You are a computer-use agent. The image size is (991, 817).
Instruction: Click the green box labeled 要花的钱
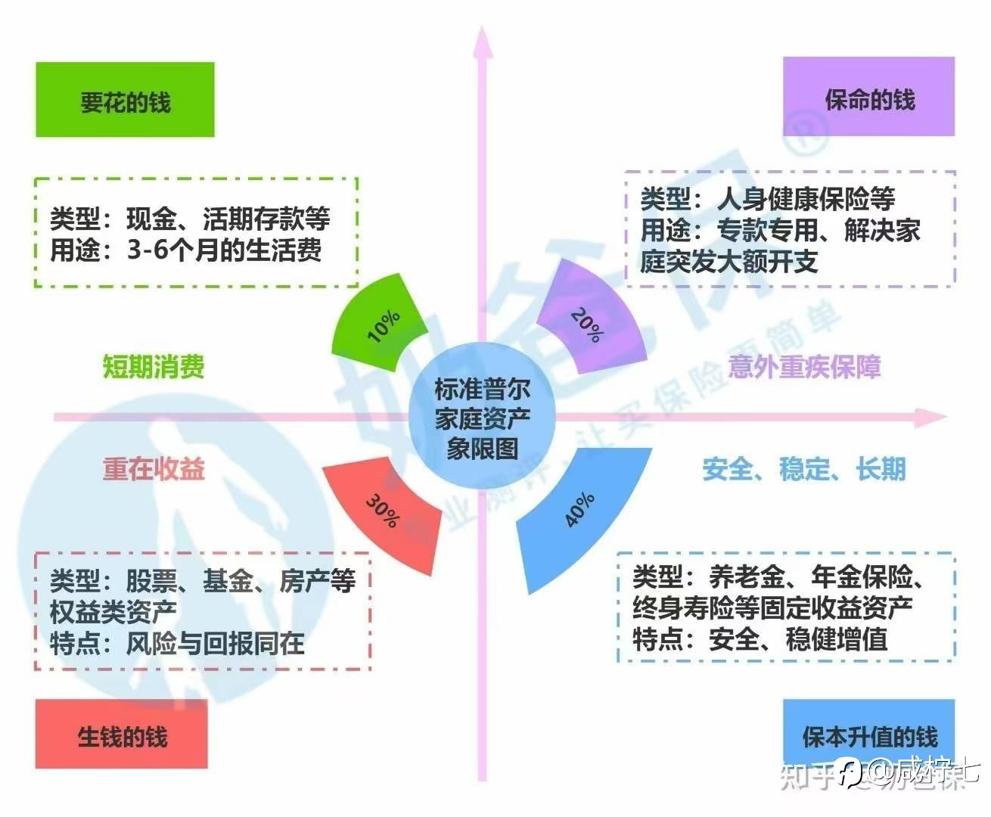point(125,100)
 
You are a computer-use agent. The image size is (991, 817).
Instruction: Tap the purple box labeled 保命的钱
point(868,97)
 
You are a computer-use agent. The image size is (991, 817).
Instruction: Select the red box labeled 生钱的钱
point(121,735)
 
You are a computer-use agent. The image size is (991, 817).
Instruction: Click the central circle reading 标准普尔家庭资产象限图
point(482,417)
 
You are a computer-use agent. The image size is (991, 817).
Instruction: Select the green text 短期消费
point(154,367)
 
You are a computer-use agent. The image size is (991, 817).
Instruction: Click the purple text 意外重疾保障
point(804,367)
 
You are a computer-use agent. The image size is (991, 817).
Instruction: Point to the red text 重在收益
point(154,469)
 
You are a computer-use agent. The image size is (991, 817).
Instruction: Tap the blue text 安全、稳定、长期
point(804,469)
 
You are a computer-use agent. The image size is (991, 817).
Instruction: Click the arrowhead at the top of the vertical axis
point(482,42)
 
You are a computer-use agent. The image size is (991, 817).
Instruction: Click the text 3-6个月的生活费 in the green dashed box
point(224,250)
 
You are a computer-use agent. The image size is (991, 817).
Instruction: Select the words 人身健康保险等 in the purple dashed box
point(806,199)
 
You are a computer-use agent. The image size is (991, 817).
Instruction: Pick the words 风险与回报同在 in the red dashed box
point(215,644)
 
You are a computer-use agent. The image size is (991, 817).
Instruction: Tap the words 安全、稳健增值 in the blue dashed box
point(798,639)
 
